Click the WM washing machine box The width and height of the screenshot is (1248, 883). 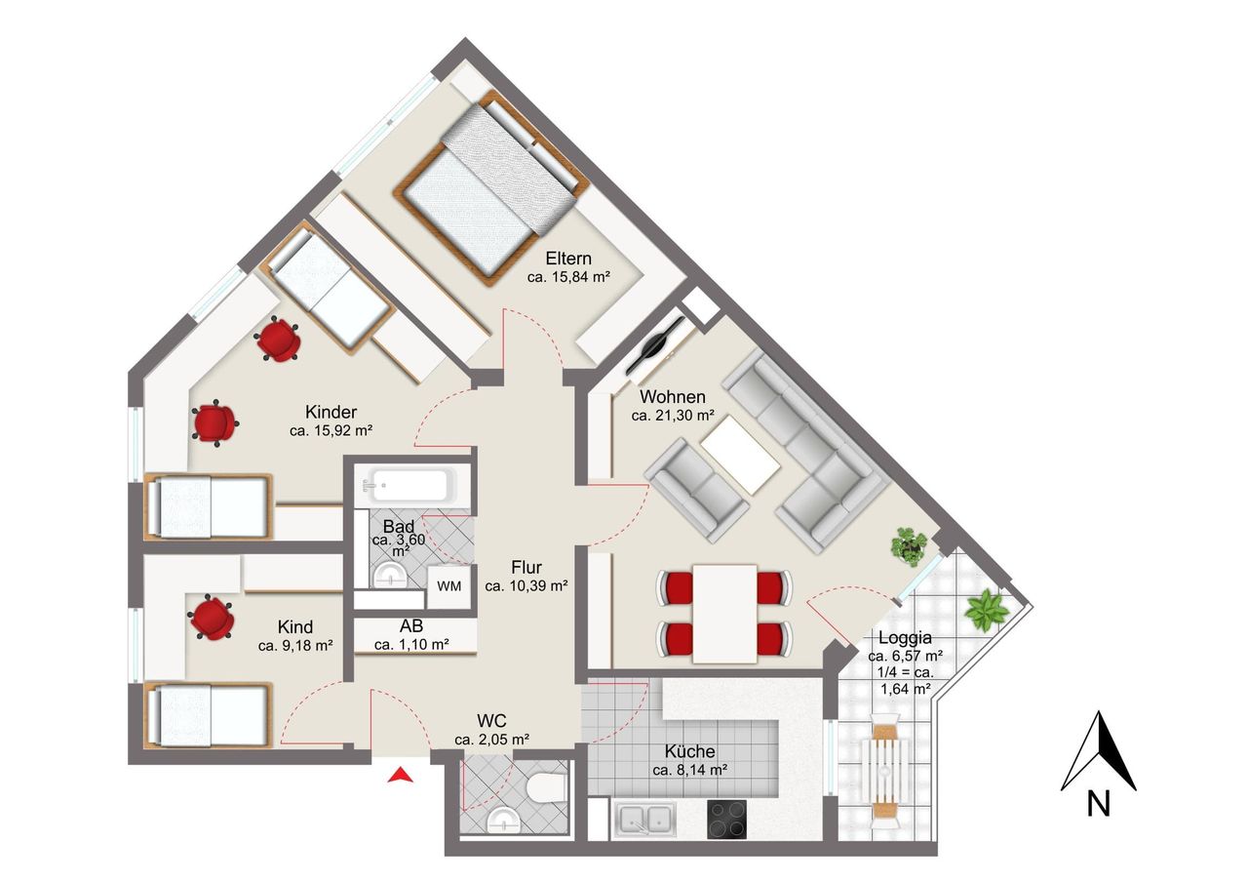click(449, 587)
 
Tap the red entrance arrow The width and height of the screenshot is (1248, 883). click(400, 775)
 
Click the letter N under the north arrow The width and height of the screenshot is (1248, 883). click(1099, 804)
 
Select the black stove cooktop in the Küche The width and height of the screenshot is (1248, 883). click(726, 819)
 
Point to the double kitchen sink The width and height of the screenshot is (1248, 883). click(645, 819)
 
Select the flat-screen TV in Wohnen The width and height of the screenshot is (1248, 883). click(655, 346)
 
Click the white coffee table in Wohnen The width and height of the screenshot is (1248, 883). click(740, 455)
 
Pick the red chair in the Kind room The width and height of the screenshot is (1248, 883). click(211, 617)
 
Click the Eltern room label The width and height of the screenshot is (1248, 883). click(568, 259)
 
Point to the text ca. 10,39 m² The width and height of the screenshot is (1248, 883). click(526, 585)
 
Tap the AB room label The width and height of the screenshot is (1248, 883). click(411, 626)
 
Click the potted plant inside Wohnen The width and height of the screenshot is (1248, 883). click(909, 546)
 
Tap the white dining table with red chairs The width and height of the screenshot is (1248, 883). click(724, 613)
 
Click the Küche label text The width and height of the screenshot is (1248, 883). click(689, 751)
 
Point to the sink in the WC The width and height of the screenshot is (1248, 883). click(503, 820)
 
